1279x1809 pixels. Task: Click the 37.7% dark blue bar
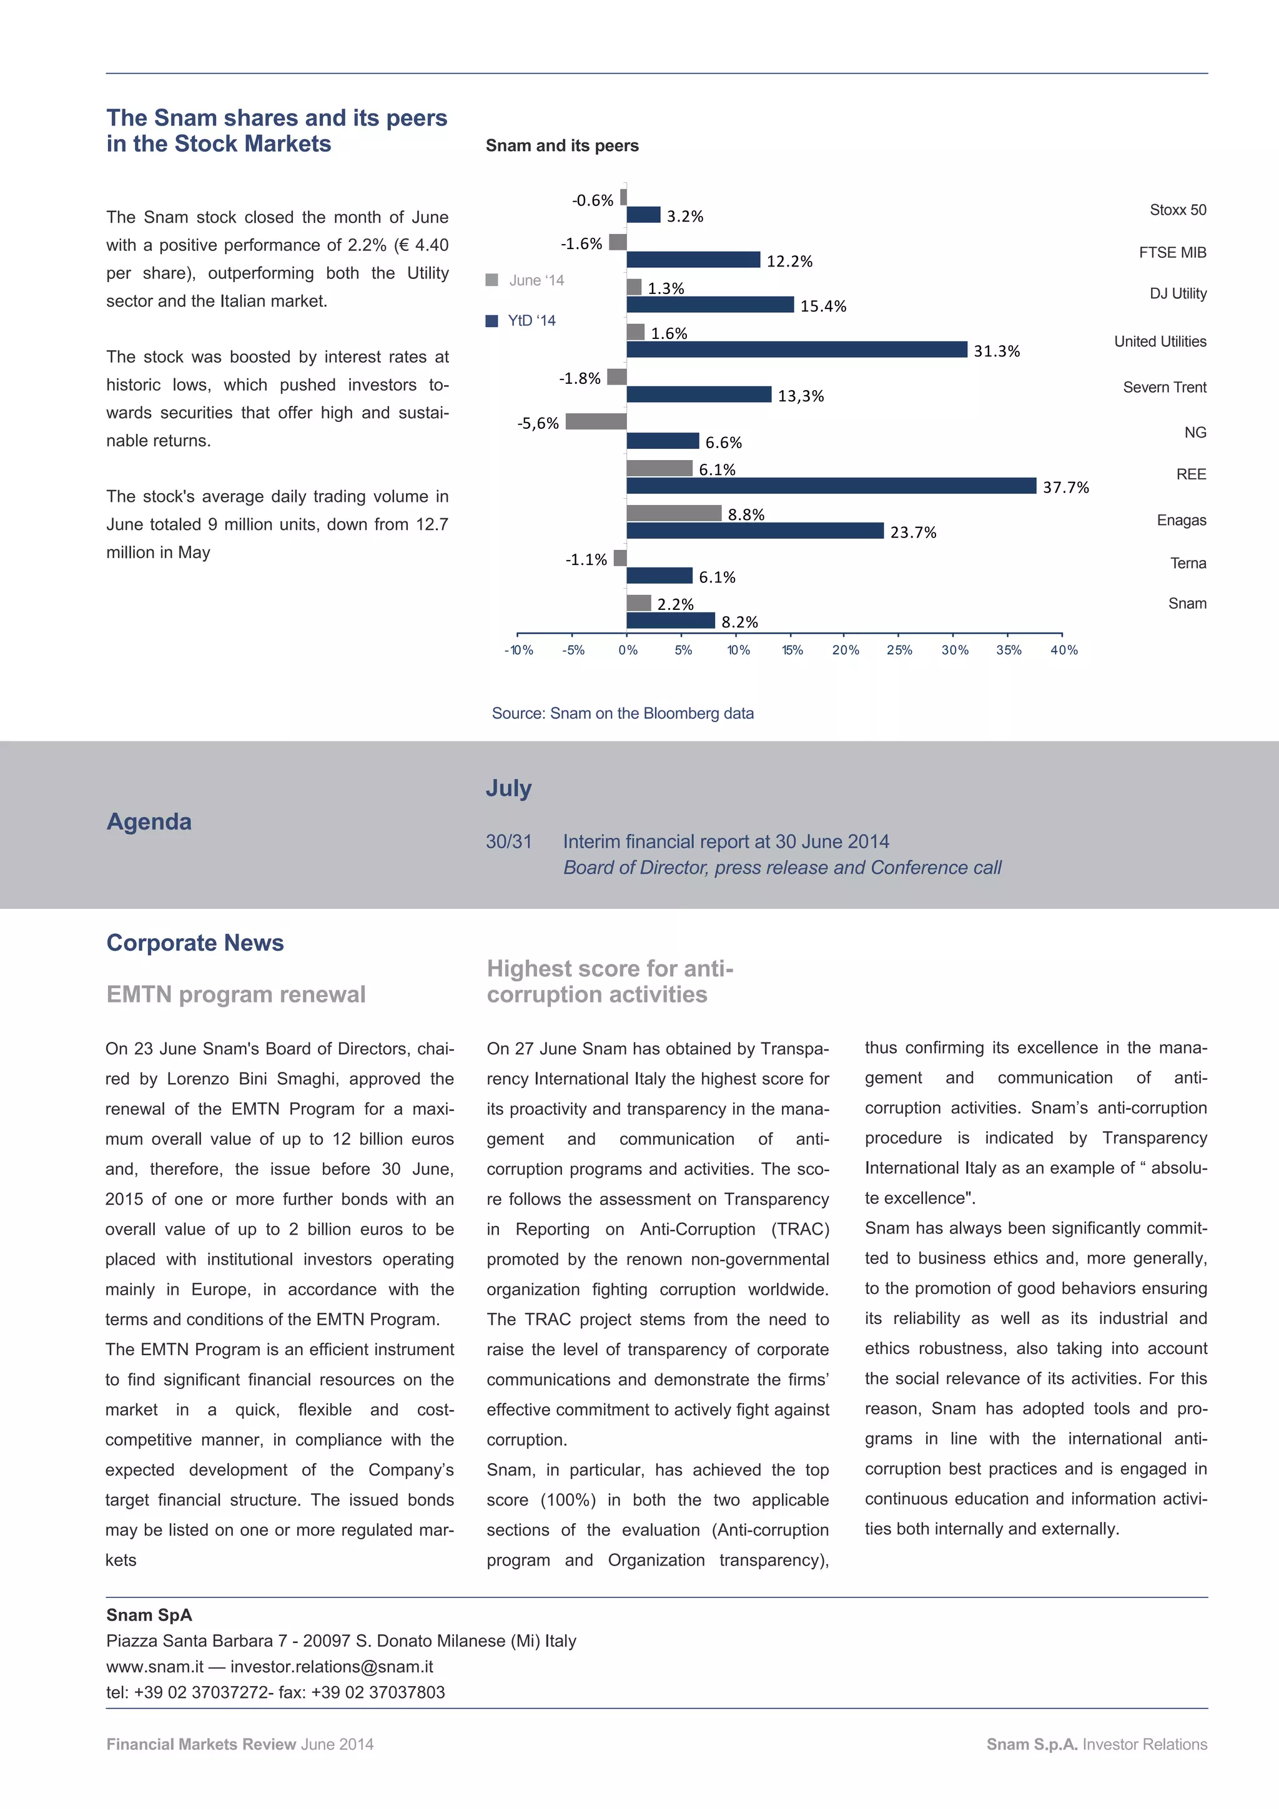[x=831, y=486]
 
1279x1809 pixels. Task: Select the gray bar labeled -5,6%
[x=596, y=421]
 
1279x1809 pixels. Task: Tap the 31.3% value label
[x=996, y=351]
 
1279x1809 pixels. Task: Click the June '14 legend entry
[x=526, y=280]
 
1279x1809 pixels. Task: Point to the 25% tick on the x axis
[x=899, y=650]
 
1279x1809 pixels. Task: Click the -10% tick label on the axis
[x=518, y=650]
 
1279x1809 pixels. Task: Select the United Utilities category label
[x=1159, y=341]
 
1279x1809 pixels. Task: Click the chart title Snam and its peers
[x=562, y=146]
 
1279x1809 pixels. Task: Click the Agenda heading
[x=149, y=821]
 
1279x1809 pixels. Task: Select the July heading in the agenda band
[x=508, y=788]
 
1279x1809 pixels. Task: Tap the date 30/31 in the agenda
[x=508, y=841]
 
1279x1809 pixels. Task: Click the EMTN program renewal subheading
[x=235, y=994]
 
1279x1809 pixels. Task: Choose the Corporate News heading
[x=195, y=943]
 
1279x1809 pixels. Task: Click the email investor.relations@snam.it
[x=332, y=1667]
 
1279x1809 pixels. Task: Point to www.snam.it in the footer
[x=154, y=1667]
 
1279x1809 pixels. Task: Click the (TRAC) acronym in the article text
[x=800, y=1229]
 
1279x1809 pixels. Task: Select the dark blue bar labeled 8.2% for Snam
[x=671, y=621]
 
